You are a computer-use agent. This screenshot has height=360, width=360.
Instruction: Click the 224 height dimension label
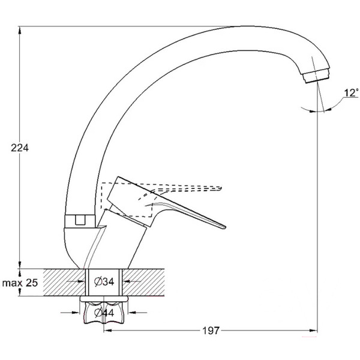pyautogui.click(x=20, y=148)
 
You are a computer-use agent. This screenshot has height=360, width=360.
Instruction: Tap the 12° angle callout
pyautogui.click(x=351, y=93)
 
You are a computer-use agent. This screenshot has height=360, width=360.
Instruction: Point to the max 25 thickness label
pyautogui.click(x=21, y=283)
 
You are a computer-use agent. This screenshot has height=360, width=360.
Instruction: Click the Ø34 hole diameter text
pyautogui.click(x=106, y=281)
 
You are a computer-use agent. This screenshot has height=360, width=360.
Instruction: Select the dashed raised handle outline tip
pyautogui.click(x=223, y=187)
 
